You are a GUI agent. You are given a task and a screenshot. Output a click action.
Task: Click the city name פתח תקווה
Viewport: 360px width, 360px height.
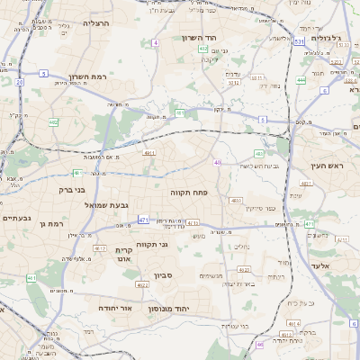[189, 192]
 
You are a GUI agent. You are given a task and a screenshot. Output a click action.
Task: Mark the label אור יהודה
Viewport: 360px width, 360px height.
[115, 308]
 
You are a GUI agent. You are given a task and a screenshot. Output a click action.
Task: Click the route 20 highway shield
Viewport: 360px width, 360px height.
[20, 82]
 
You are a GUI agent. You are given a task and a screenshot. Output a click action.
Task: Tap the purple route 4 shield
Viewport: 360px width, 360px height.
[155, 42]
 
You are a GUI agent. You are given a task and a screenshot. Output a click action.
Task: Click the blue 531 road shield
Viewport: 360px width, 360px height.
[298, 41]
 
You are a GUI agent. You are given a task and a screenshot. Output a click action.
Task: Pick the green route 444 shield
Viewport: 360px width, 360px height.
[301, 80]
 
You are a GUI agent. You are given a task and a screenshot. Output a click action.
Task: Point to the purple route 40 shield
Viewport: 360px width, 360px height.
[217, 162]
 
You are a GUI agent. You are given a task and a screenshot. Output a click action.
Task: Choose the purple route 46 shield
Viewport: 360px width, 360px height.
[259, 344]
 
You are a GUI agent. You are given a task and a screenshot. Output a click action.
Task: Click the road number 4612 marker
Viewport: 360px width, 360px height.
[100, 248]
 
